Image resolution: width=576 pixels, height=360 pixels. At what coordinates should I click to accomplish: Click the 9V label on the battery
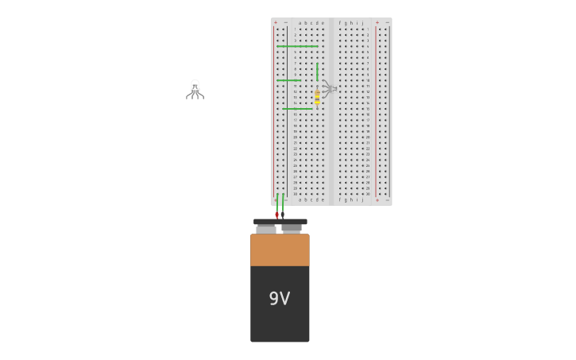(280, 299)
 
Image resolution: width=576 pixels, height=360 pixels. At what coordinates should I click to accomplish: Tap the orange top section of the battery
(280, 250)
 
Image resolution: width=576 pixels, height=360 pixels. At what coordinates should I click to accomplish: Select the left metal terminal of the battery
(266, 229)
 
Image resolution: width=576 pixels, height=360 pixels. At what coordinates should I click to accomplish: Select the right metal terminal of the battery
(292, 228)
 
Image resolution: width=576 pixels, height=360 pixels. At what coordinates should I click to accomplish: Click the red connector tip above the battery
(276, 215)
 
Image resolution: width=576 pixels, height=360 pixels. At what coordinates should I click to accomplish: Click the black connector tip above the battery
(282, 215)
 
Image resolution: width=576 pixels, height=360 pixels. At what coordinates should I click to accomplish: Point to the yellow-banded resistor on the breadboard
(317, 97)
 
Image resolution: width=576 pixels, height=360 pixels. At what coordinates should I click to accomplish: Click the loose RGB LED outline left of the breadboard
(195, 89)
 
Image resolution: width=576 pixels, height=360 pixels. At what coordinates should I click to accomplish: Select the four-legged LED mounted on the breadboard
(329, 88)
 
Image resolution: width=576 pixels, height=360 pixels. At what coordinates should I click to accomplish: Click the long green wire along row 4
(296, 46)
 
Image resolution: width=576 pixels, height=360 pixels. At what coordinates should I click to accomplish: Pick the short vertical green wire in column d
(317, 72)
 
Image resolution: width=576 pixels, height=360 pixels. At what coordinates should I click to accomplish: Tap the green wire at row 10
(288, 80)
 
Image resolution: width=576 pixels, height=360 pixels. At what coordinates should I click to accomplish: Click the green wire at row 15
(297, 108)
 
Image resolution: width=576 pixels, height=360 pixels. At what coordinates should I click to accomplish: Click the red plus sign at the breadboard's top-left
(276, 23)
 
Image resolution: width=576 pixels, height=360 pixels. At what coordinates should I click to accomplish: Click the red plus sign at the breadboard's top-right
(377, 23)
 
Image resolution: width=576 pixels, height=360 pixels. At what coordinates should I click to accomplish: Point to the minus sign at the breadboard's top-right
(387, 23)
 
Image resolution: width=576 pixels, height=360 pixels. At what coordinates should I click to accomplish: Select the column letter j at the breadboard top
(363, 23)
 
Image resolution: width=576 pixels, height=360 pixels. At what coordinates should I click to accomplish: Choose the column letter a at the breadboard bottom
(300, 199)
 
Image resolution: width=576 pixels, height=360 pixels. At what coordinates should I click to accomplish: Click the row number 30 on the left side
(295, 194)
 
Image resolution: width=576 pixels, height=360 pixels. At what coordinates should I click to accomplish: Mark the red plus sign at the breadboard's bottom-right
(377, 199)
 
